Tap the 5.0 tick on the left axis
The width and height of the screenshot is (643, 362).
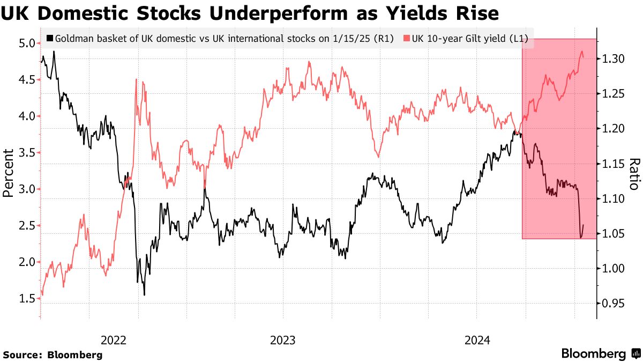27,43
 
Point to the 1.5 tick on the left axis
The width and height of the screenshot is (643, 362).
27,299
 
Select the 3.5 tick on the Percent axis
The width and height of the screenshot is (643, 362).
27,153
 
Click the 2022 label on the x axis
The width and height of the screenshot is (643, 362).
113,340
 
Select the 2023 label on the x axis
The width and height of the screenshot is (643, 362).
283,340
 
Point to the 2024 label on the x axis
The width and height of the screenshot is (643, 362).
477,340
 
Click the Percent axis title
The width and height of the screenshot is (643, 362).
9,173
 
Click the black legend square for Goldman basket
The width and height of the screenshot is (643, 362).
50,39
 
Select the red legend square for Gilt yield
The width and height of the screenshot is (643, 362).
407,39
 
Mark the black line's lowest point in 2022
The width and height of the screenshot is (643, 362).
144,294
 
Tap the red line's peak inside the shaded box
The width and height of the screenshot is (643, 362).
582,51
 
